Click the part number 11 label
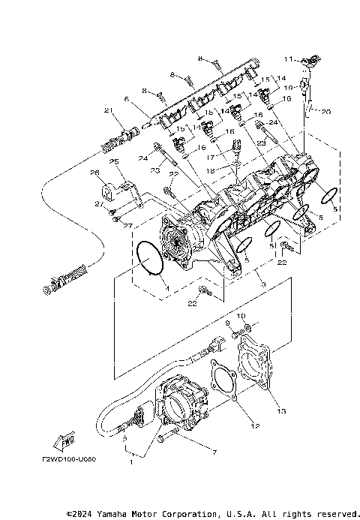pos(289,59)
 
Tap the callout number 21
pos(108,112)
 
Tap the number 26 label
pos(95,173)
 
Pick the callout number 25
pos(114,162)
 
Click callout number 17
pos(212,156)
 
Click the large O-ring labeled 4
pos(151,259)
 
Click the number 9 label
pos(228,323)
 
